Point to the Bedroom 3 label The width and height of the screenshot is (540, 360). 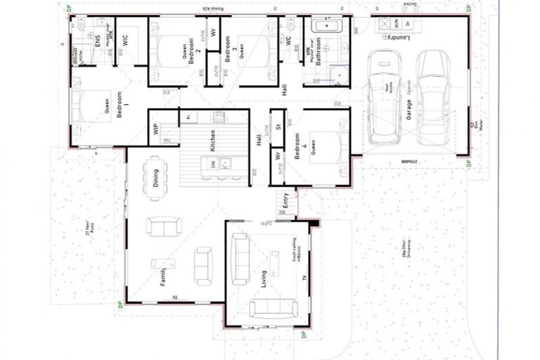pyautogui.click(x=228, y=49)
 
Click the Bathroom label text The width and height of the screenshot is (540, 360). pyautogui.click(x=317, y=51)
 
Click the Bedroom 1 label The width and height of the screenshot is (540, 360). pyautogui.click(x=119, y=105)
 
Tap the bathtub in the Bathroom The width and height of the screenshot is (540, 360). pyautogui.click(x=327, y=27)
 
